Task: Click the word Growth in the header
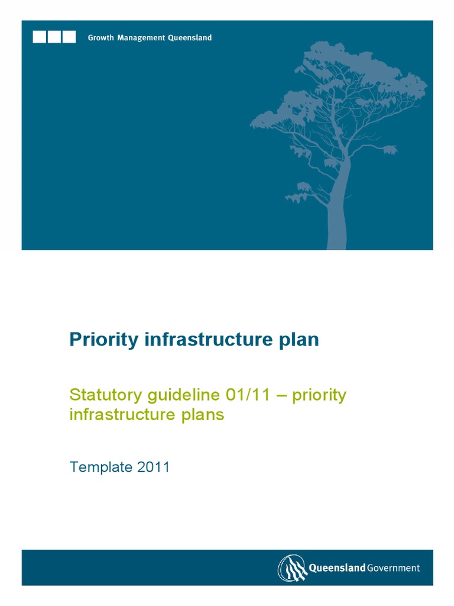(x=102, y=38)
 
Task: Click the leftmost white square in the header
(x=40, y=37)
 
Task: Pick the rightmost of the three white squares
(x=69, y=37)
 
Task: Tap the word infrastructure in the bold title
(x=200, y=340)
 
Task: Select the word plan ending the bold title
(x=299, y=340)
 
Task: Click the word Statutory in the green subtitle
(x=100, y=395)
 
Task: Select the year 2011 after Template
(x=153, y=467)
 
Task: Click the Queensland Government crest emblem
(x=292, y=568)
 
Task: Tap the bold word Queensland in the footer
(x=336, y=568)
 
